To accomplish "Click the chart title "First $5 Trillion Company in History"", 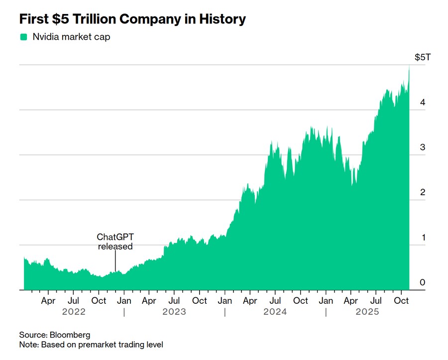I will pyautogui.click(x=132, y=19).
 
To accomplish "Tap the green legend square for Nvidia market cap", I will pyautogui.click(x=23, y=37).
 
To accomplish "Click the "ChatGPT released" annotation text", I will pyautogui.click(x=115, y=241).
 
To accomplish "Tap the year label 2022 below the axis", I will pyautogui.click(x=74, y=312).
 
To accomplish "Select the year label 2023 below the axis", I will pyautogui.click(x=174, y=312).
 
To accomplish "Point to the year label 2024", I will pyautogui.click(x=275, y=312).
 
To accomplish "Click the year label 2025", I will pyautogui.click(x=367, y=312).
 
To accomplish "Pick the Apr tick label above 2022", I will pyautogui.click(x=48, y=301).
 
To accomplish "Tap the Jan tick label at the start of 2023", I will pyautogui.click(x=124, y=301).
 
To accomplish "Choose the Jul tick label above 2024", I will pyautogui.click(x=275, y=301).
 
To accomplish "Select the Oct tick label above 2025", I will pyautogui.click(x=401, y=301).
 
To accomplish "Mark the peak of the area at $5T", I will pyautogui.click(x=409, y=66).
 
